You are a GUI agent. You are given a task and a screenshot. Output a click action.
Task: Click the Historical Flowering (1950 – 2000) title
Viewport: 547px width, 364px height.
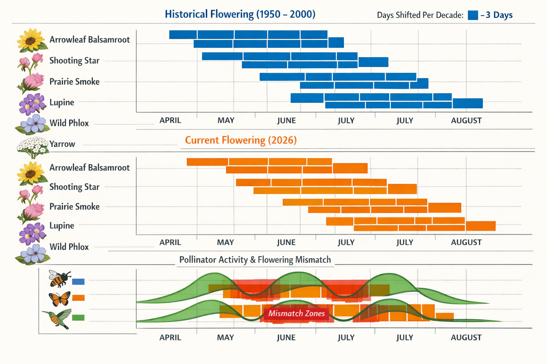click(x=240, y=14)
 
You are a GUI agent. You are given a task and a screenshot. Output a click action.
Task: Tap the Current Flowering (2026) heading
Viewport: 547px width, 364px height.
click(x=241, y=140)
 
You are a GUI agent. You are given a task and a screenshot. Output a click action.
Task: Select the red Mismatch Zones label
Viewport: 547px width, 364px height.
click(x=296, y=314)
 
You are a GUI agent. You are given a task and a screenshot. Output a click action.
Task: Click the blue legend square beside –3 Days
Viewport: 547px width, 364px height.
click(x=473, y=15)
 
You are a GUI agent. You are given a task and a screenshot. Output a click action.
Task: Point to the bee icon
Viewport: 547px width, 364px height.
click(x=59, y=278)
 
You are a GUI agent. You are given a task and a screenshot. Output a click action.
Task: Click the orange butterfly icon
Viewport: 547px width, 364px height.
click(x=59, y=299)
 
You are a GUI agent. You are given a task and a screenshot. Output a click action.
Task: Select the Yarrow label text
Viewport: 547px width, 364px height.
click(x=62, y=144)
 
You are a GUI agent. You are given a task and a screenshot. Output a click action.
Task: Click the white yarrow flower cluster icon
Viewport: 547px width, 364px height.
click(x=32, y=146)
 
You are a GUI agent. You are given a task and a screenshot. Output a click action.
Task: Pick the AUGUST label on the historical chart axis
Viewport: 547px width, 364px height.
click(x=466, y=121)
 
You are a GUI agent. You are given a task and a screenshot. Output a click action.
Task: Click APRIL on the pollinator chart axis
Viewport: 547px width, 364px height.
click(x=170, y=337)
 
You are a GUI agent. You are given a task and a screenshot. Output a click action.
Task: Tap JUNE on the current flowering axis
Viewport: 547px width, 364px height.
click(x=286, y=242)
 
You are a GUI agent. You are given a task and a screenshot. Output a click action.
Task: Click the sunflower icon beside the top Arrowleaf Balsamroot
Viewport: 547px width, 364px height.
click(x=31, y=40)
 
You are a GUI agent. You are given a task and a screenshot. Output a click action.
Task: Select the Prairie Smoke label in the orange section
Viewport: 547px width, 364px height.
click(x=74, y=207)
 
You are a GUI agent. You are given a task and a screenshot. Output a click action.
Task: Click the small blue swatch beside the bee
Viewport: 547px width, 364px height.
click(x=78, y=282)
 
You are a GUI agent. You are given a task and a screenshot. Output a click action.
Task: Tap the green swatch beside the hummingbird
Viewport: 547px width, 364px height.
click(x=78, y=318)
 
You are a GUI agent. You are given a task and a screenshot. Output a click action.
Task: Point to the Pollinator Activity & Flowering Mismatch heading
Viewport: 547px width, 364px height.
click(x=255, y=260)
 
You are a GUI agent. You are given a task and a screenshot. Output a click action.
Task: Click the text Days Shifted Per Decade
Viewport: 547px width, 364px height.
click(x=420, y=15)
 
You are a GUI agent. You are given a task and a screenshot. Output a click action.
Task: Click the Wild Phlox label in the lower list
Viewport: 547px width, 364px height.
click(x=69, y=247)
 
